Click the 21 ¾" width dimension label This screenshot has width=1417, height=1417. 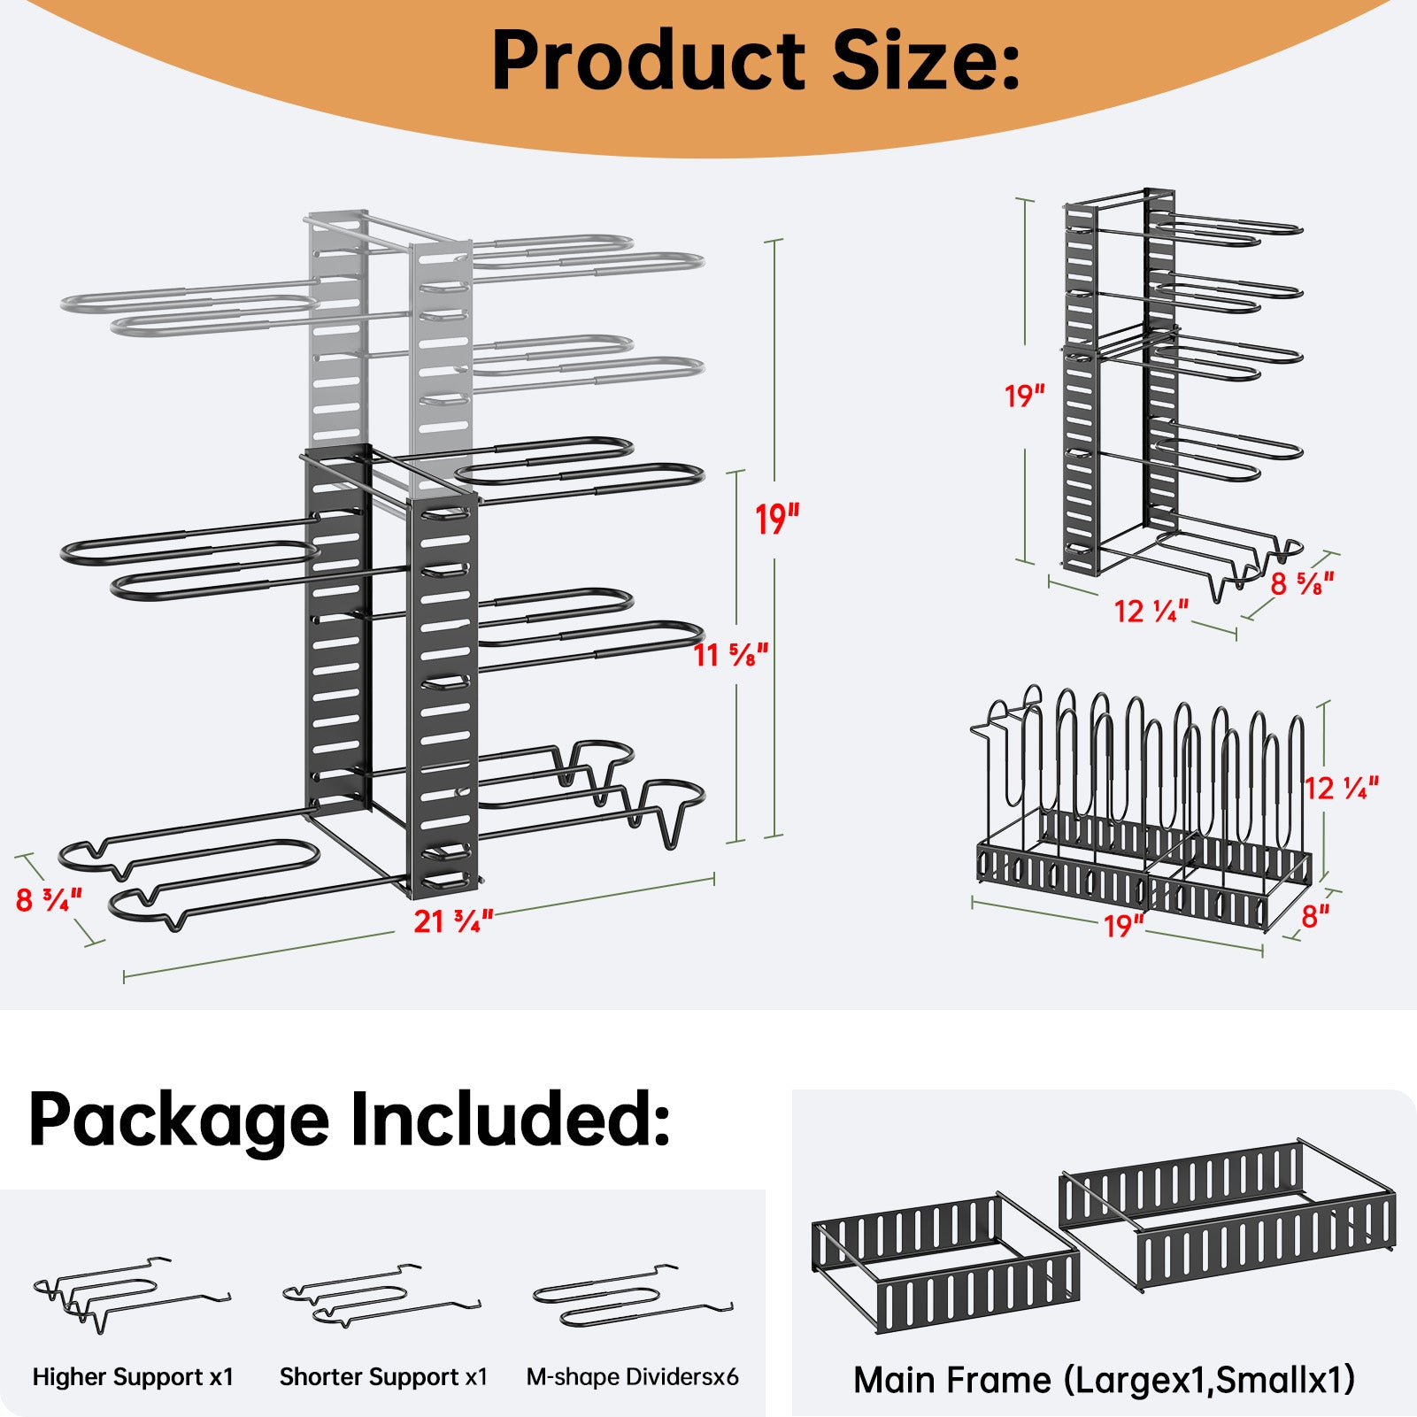[x=453, y=921]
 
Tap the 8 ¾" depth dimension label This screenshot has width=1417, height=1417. [x=49, y=900]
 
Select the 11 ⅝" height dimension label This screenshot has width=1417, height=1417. [x=731, y=655]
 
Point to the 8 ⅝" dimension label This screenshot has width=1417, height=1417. [x=1302, y=583]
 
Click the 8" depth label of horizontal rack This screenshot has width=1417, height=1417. [x=1315, y=917]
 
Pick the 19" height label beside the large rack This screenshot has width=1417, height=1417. [x=776, y=520]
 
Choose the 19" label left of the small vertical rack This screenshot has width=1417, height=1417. [x=1024, y=396]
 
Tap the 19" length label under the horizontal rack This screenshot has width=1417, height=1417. [x=1123, y=927]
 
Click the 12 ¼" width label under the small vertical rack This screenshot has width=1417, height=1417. [x=1151, y=611]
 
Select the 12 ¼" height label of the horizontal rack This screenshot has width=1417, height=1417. [x=1342, y=788]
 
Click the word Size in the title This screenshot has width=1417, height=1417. [x=927, y=60]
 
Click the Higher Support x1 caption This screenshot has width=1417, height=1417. [x=133, y=1377]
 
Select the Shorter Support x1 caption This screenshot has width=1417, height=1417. [x=383, y=1377]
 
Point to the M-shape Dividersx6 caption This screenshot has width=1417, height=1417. [x=632, y=1377]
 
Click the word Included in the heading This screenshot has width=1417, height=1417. [x=510, y=1120]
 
